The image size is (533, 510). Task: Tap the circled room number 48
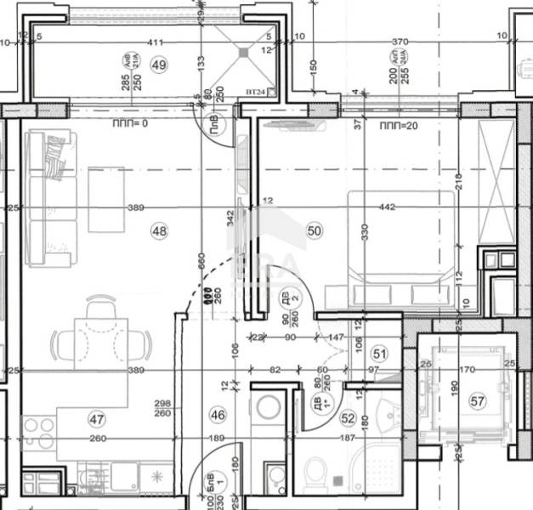(159, 229)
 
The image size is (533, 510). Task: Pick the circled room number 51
(379, 353)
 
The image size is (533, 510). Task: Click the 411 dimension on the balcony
(154, 41)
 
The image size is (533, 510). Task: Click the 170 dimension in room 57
(468, 371)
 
